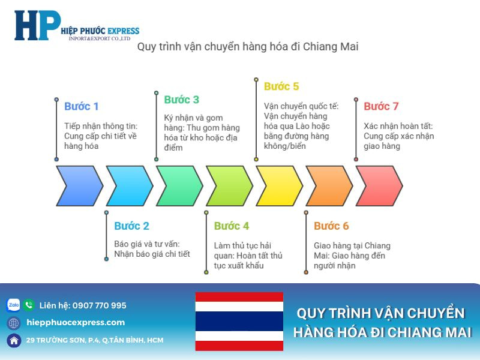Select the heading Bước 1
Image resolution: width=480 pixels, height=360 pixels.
pyautogui.click(x=81, y=106)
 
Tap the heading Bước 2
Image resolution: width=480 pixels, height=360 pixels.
pyautogui.click(x=131, y=226)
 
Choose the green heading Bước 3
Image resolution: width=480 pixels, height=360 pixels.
pyautogui.click(x=181, y=100)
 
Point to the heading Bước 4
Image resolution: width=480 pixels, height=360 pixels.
pyautogui.click(x=231, y=226)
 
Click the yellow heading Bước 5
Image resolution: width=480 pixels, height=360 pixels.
pyautogui.click(x=281, y=86)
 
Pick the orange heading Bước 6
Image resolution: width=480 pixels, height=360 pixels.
pyautogui.click(x=331, y=226)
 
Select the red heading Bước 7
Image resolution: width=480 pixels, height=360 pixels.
pyautogui.click(x=381, y=106)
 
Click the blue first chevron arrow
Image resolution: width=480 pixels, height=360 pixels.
pyautogui.click(x=79, y=186)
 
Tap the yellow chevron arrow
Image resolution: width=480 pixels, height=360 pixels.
pyautogui.click(x=279, y=186)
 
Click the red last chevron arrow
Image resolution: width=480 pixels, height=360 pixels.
pyautogui.click(x=379, y=186)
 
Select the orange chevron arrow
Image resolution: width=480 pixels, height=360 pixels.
pyautogui.click(x=329, y=186)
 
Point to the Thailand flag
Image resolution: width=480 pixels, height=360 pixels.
pyautogui.click(x=239, y=322)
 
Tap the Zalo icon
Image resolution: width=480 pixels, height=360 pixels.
pyautogui.click(x=13, y=305)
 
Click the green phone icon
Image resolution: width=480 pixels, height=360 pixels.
pyautogui.click(x=29, y=305)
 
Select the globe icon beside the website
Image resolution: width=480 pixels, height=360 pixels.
pyautogui.click(x=13, y=323)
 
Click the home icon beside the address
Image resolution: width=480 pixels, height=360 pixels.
pyautogui.click(x=13, y=340)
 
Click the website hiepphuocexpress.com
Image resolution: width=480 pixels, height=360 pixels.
pyautogui.click(x=76, y=323)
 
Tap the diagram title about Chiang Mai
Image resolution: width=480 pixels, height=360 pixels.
pyautogui.click(x=248, y=46)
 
